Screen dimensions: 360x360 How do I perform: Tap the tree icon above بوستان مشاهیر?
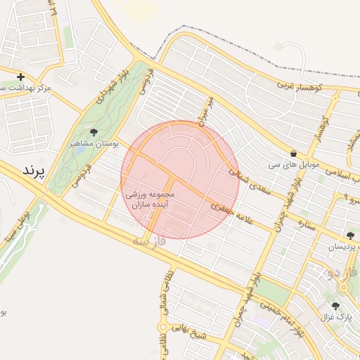94,131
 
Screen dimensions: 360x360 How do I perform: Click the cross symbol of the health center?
20,77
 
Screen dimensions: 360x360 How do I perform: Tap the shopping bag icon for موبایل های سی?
293,154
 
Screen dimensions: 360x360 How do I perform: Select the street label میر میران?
205,112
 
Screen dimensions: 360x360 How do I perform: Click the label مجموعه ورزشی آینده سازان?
153,198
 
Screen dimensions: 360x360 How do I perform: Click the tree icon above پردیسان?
350,236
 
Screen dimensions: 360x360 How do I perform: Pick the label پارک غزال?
336,318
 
